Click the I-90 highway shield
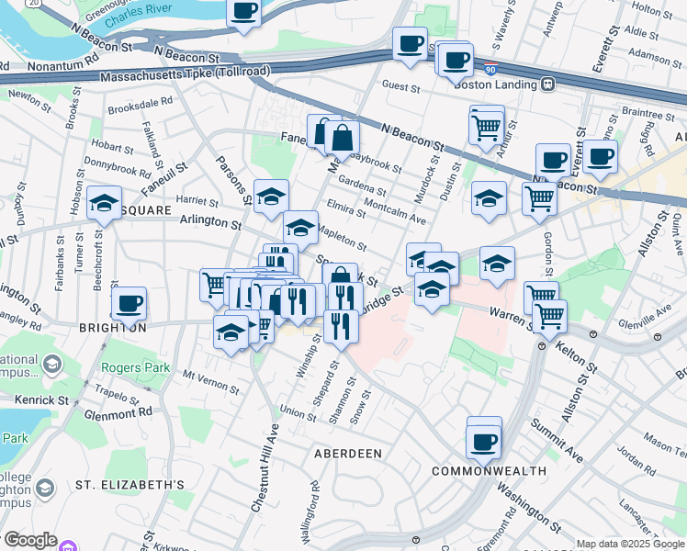[x=490, y=68]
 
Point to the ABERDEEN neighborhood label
[x=348, y=454]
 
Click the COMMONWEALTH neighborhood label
[x=490, y=471]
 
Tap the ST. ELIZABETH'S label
[x=130, y=484]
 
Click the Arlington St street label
[x=210, y=222]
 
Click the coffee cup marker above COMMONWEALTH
[x=483, y=442]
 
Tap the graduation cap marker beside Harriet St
[x=104, y=203]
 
